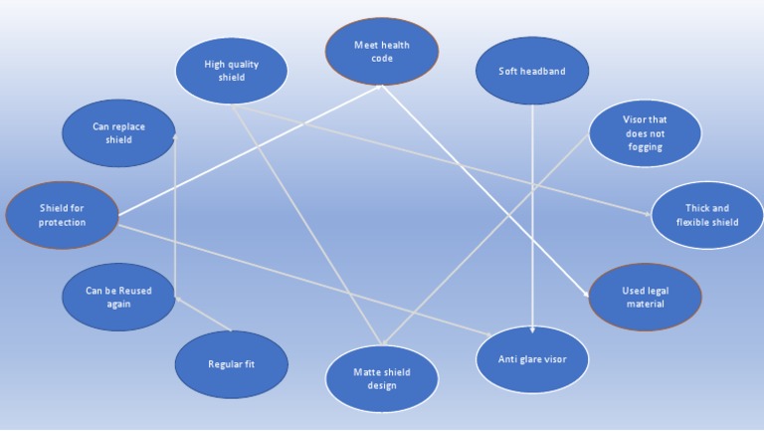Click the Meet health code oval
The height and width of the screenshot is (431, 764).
click(382, 51)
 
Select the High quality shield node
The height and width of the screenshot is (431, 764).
click(231, 71)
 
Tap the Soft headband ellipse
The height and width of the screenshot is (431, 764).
click(532, 71)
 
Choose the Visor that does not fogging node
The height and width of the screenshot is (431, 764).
click(645, 132)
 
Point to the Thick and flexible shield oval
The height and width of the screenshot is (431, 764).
click(707, 215)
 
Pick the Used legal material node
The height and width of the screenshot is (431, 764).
click(645, 297)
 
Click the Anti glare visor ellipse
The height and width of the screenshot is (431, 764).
click(532, 358)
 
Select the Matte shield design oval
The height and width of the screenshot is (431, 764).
click(382, 378)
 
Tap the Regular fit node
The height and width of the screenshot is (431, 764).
click(231, 364)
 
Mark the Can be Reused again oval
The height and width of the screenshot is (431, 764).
click(118, 298)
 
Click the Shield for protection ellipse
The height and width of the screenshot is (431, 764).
click(62, 215)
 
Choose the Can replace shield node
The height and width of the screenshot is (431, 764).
click(118, 133)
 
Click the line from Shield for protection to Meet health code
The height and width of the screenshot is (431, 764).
click(249, 149)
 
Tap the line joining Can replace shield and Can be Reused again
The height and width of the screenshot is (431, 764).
click(175, 215)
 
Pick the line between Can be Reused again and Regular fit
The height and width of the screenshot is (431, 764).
click(203, 314)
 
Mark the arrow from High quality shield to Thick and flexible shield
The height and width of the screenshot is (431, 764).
click(448, 158)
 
